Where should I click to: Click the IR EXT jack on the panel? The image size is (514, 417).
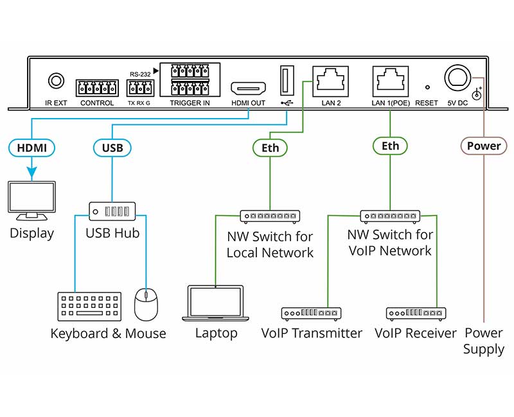coord(57,81)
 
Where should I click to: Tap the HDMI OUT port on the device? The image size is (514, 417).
coord(248,89)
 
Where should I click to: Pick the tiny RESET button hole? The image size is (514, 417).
coord(427,87)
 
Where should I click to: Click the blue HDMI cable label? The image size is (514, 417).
coord(31,148)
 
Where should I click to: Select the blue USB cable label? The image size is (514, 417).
coord(112,148)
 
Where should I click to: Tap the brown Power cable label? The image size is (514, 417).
coord(483,146)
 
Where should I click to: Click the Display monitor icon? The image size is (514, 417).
coord(31,201)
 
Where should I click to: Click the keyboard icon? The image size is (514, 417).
coord(89,307)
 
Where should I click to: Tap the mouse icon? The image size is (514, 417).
coord(146,304)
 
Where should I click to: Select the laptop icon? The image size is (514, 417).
coord(215,303)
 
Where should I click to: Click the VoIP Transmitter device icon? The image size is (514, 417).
coord(311,314)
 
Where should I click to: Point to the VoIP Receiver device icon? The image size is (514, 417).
coord(416,314)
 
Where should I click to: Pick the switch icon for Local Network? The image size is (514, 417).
coord(270,216)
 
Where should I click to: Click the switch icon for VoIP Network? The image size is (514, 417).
coord(390,216)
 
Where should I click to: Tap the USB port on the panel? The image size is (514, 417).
coord(286,81)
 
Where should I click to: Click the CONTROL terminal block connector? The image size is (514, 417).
coord(97,88)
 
